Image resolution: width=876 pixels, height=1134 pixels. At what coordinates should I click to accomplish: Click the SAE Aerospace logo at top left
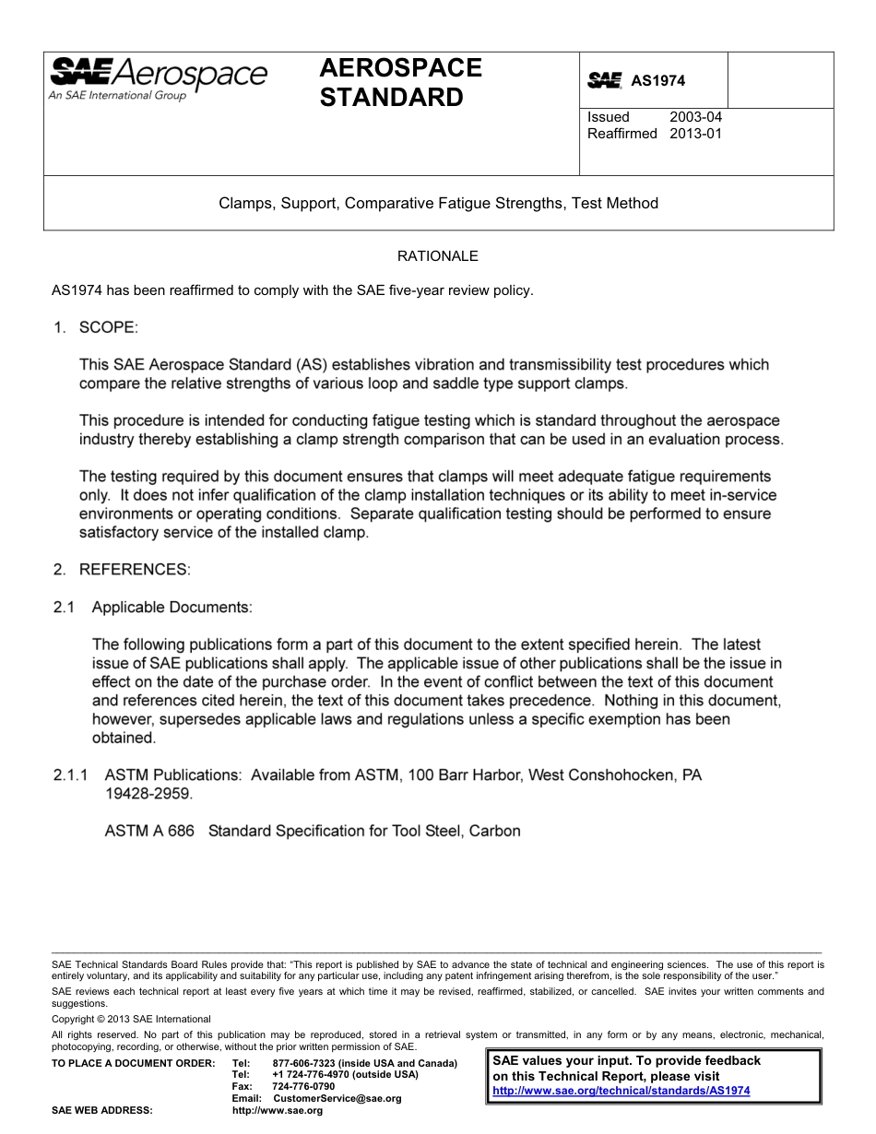coord(158,77)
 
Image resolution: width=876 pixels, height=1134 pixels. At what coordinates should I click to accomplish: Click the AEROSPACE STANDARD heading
coord(400,82)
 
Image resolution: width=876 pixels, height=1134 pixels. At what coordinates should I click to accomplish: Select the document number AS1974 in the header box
coord(657,81)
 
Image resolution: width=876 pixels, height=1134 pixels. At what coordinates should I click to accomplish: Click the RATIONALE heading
coord(437,255)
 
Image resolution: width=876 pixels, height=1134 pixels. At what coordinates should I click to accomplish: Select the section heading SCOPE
coord(108,327)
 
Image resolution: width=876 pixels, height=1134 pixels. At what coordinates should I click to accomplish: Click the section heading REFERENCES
coord(135,570)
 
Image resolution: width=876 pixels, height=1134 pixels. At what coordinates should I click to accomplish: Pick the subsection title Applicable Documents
coord(171,608)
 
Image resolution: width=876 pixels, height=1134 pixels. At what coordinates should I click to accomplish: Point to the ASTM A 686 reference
coord(149,831)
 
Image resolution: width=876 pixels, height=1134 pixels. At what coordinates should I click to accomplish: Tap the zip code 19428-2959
coord(148,793)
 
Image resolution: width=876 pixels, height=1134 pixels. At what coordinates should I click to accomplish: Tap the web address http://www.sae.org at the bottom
coord(278,1110)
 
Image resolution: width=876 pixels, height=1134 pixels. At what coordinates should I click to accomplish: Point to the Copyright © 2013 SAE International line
coord(131,1019)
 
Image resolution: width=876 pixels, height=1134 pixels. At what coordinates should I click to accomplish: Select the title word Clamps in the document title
coord(243,203)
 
